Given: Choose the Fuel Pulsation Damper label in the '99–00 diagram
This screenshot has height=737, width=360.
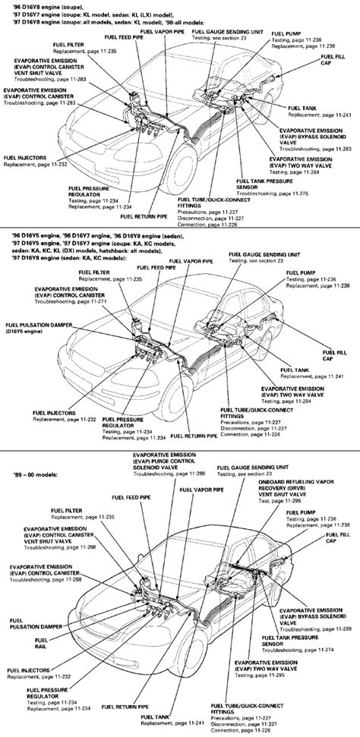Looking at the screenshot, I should coord(30,619).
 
